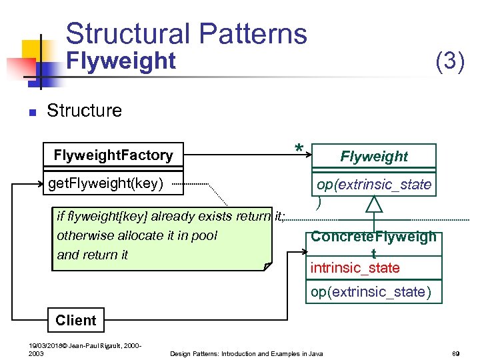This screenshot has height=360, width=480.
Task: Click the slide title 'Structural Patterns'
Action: pyautogui.click(x=186, y=33)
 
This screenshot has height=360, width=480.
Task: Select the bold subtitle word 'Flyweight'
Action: pyautogui.click(x=123, y=61)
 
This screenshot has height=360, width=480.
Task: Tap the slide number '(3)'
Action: pyautogui.click(x=450, y=62)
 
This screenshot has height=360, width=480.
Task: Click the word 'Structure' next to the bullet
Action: pyautogui.click(x=84, y=110)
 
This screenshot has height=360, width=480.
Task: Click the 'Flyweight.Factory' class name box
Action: pyautogui.click(x=113, y=155)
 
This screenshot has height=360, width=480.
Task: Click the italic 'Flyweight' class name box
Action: pyautogui.click(x=373, y=156)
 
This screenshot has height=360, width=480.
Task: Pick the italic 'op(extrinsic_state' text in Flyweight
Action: pyautogui.click(x=374, y=184)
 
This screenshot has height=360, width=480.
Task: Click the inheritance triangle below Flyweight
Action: pyautogui.click(x=374, y=204)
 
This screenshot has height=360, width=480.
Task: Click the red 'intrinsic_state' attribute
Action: pyautogui.click(x=355, y=268)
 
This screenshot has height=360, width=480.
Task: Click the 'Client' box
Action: pyautogui.click(x=76, y=320)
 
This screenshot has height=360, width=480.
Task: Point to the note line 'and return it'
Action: pyautogui.click(x=93, y=255)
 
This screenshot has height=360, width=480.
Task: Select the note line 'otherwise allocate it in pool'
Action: pyautogui.click(x=137, y=235)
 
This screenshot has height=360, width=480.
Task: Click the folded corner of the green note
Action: pyautogui.click(x=268, y=267)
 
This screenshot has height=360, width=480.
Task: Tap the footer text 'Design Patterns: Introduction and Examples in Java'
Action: pyautogui.click(x=247, y=353)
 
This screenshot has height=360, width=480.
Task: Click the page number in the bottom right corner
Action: pyautogui.click(x=457, y=353)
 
